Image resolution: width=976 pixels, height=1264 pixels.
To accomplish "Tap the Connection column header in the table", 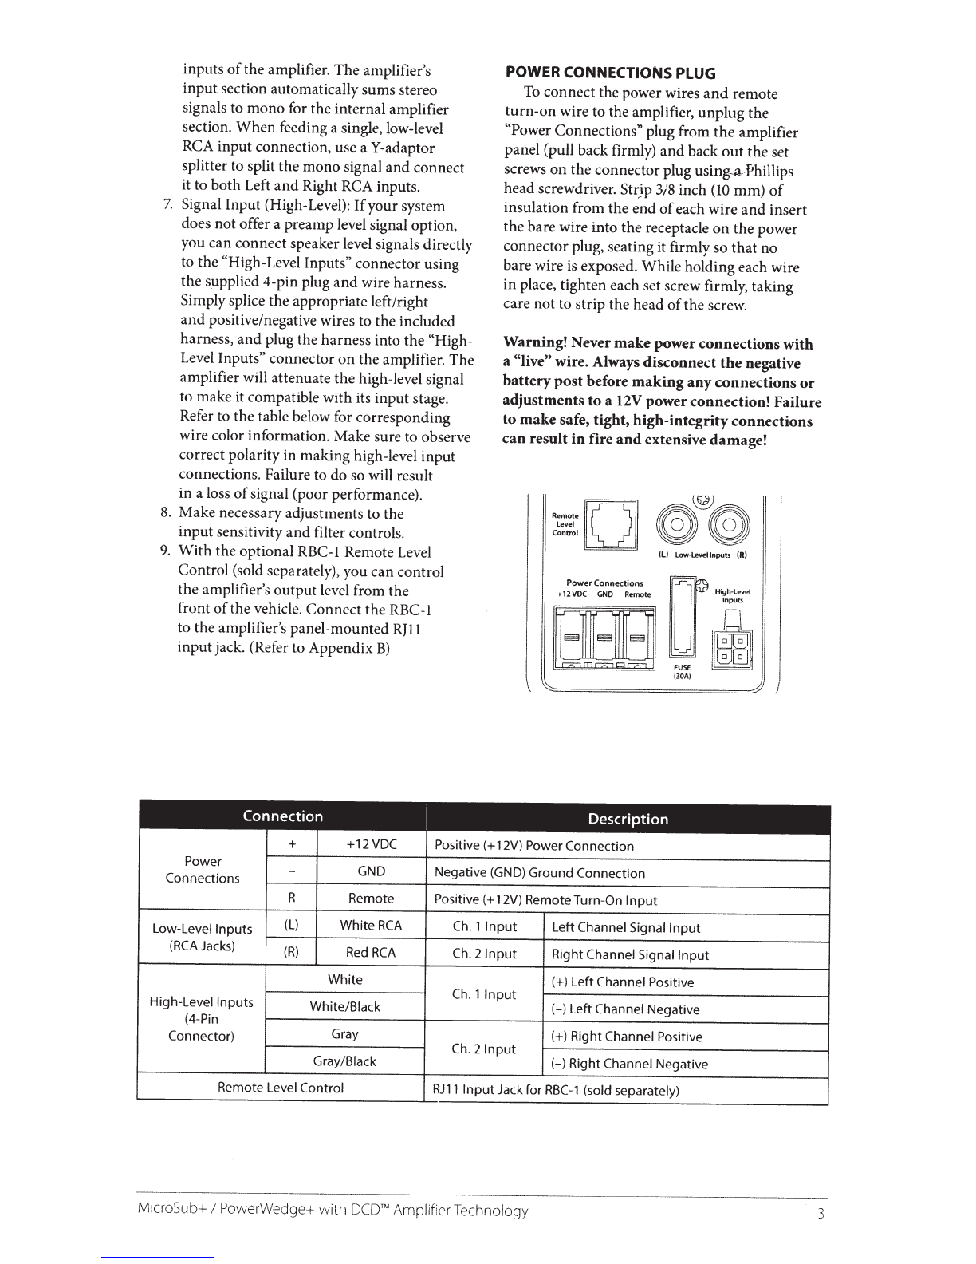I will click(283, 816).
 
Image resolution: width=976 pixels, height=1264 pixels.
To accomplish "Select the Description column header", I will click(628, 819).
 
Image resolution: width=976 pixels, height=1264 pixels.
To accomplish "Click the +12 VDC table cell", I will click(372, 844).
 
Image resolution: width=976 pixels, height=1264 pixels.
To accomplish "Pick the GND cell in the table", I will click(372, 871).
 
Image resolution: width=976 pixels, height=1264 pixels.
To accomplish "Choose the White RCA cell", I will click(371, 926).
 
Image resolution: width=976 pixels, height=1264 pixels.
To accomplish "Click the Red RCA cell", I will click(371, 953).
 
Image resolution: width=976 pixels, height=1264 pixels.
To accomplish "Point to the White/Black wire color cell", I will click(344, 1007).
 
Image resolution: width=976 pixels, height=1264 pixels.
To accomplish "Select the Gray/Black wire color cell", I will click(344, 1061).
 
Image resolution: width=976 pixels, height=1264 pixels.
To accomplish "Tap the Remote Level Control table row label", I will click(281, 1088).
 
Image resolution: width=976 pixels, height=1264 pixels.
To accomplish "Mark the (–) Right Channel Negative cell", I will click(629, 1064).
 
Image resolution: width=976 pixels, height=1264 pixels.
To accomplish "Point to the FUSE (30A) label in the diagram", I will click(683, 671).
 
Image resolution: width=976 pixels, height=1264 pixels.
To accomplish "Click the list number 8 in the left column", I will click(165, 513).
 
